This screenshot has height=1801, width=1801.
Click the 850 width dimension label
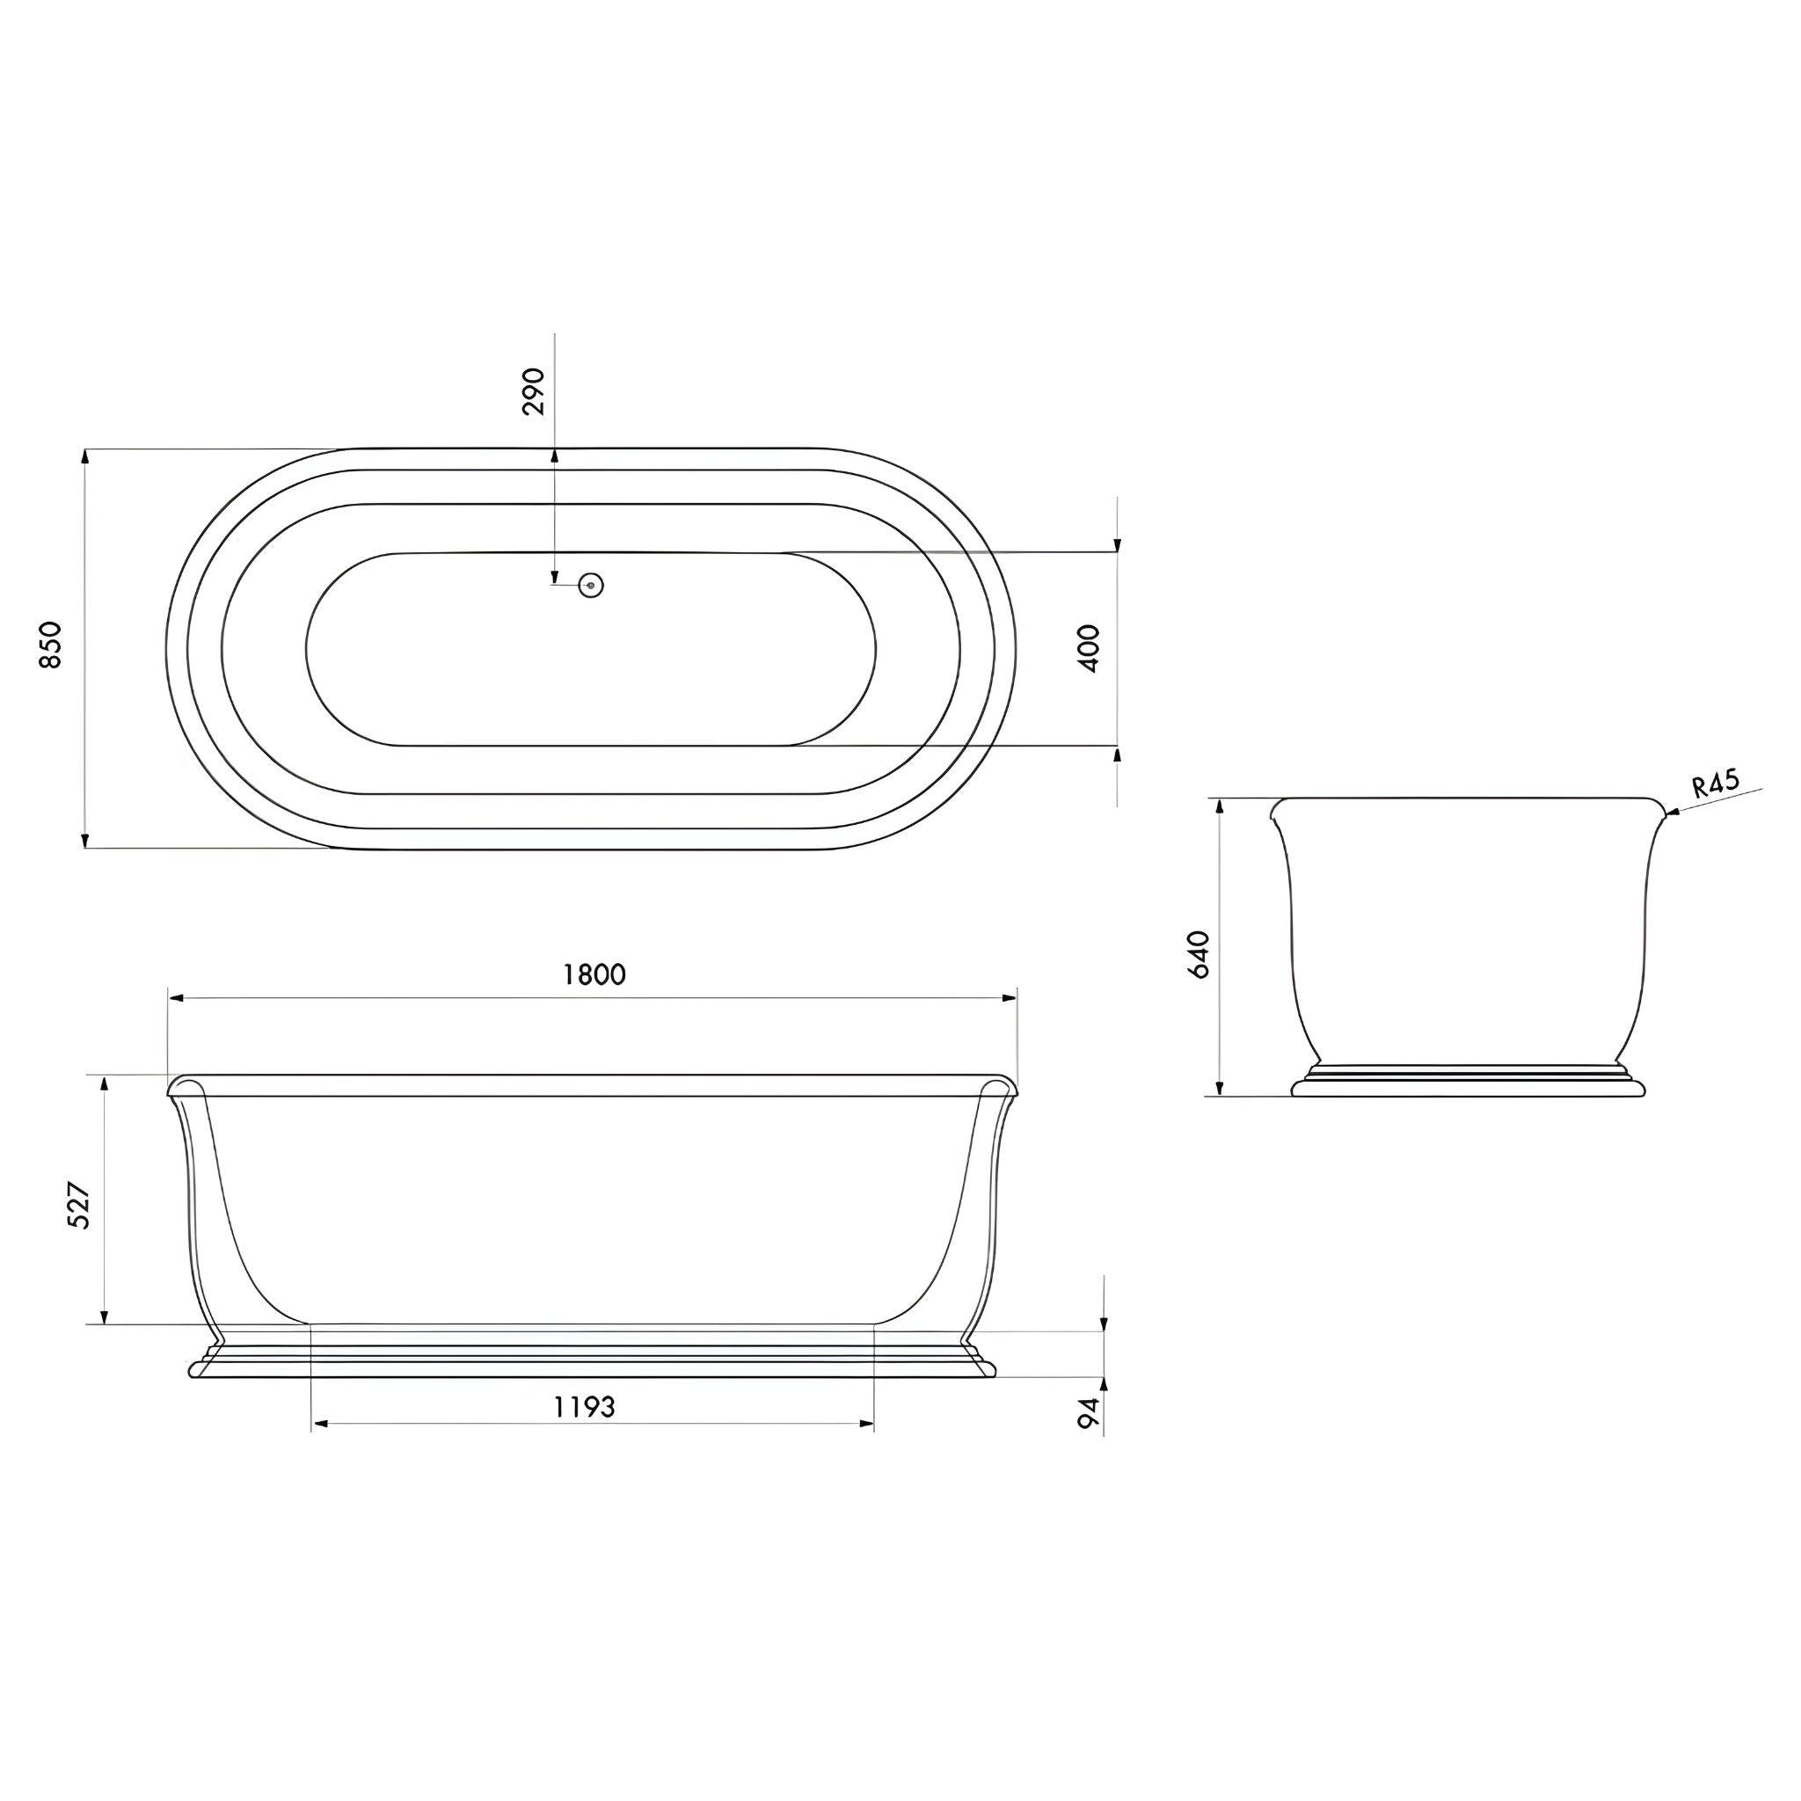click(x=50, y=644)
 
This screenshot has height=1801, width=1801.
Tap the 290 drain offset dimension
click(x=534, y=390)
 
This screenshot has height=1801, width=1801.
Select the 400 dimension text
click(x=1089, y=649)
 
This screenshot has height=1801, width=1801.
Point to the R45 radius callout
click(x=1715, y=784)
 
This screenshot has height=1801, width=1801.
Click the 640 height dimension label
click(x=1199, y=952)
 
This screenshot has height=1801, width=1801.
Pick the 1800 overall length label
click(x=594, y=974)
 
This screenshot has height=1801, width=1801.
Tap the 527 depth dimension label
click(x=80, y=1206)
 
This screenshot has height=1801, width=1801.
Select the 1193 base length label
click(x=585, y=1407)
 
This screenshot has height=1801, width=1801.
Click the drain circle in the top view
click(x=591, y=586)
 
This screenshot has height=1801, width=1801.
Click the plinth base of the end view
click(x=1469, y=1085)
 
